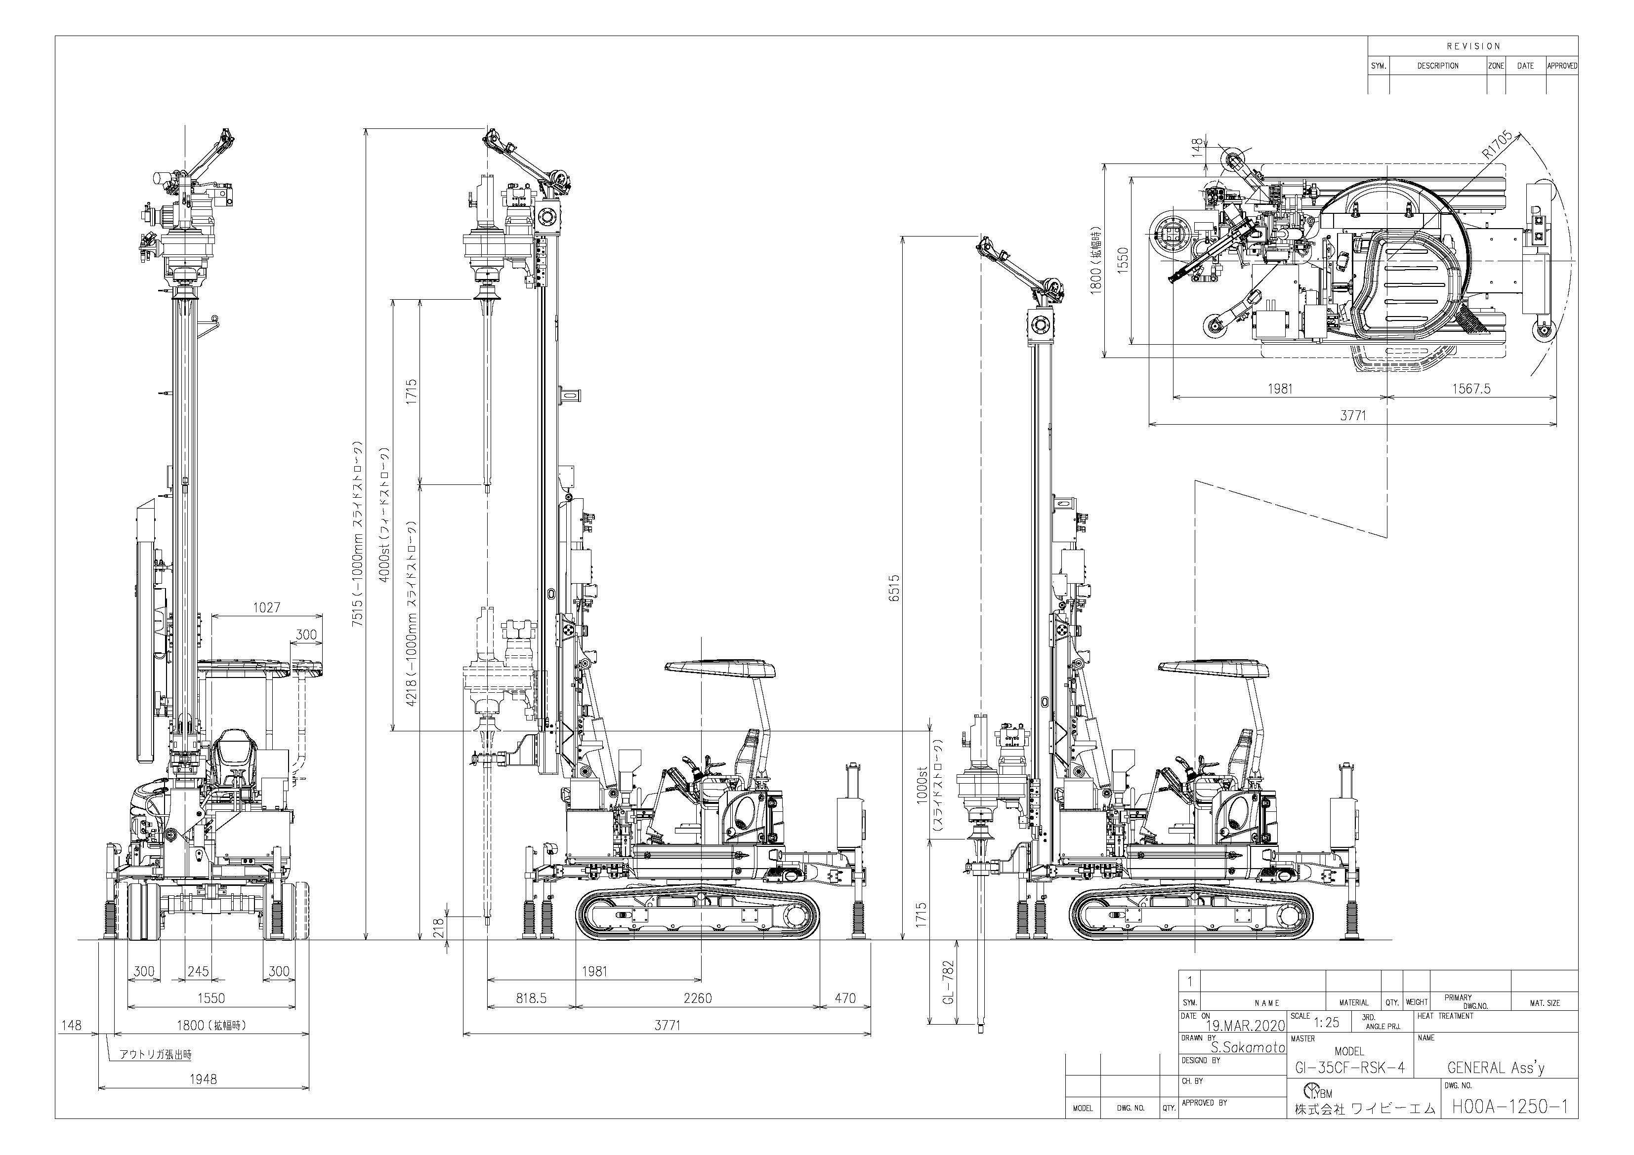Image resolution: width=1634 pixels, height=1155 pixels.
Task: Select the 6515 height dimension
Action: pos(894,588)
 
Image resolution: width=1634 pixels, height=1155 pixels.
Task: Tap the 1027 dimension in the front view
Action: pos(267,607)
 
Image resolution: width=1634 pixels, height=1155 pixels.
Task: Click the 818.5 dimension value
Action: pos(531,998)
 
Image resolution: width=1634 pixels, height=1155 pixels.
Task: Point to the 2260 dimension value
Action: pos(698,998)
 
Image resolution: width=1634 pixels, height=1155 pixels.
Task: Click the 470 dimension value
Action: pos(845,998)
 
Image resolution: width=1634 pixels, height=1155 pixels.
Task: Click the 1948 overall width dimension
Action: pos(203,1079)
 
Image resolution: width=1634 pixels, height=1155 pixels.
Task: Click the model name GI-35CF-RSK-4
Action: pos(1348,1068)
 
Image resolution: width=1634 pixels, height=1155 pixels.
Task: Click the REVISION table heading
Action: pos(1473,46)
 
